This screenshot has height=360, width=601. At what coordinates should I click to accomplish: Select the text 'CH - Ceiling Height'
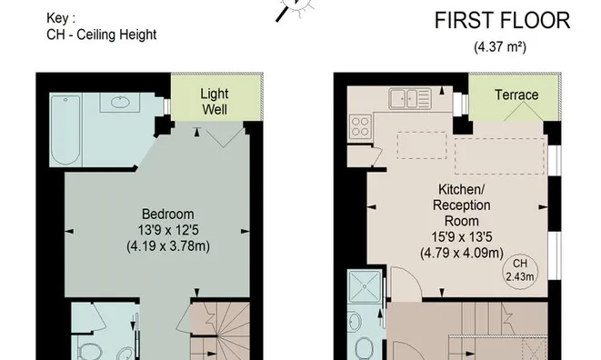point(100,35)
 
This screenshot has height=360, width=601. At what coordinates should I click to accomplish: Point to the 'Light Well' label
point(214,102)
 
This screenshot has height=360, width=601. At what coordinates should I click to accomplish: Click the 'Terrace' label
point(516,95)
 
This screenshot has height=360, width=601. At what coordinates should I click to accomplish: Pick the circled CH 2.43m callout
point(519,269)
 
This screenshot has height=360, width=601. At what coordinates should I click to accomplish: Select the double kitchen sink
point(409,96)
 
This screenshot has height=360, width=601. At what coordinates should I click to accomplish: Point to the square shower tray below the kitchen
point(367,289)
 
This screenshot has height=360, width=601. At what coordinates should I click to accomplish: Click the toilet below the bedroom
point(85,351)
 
